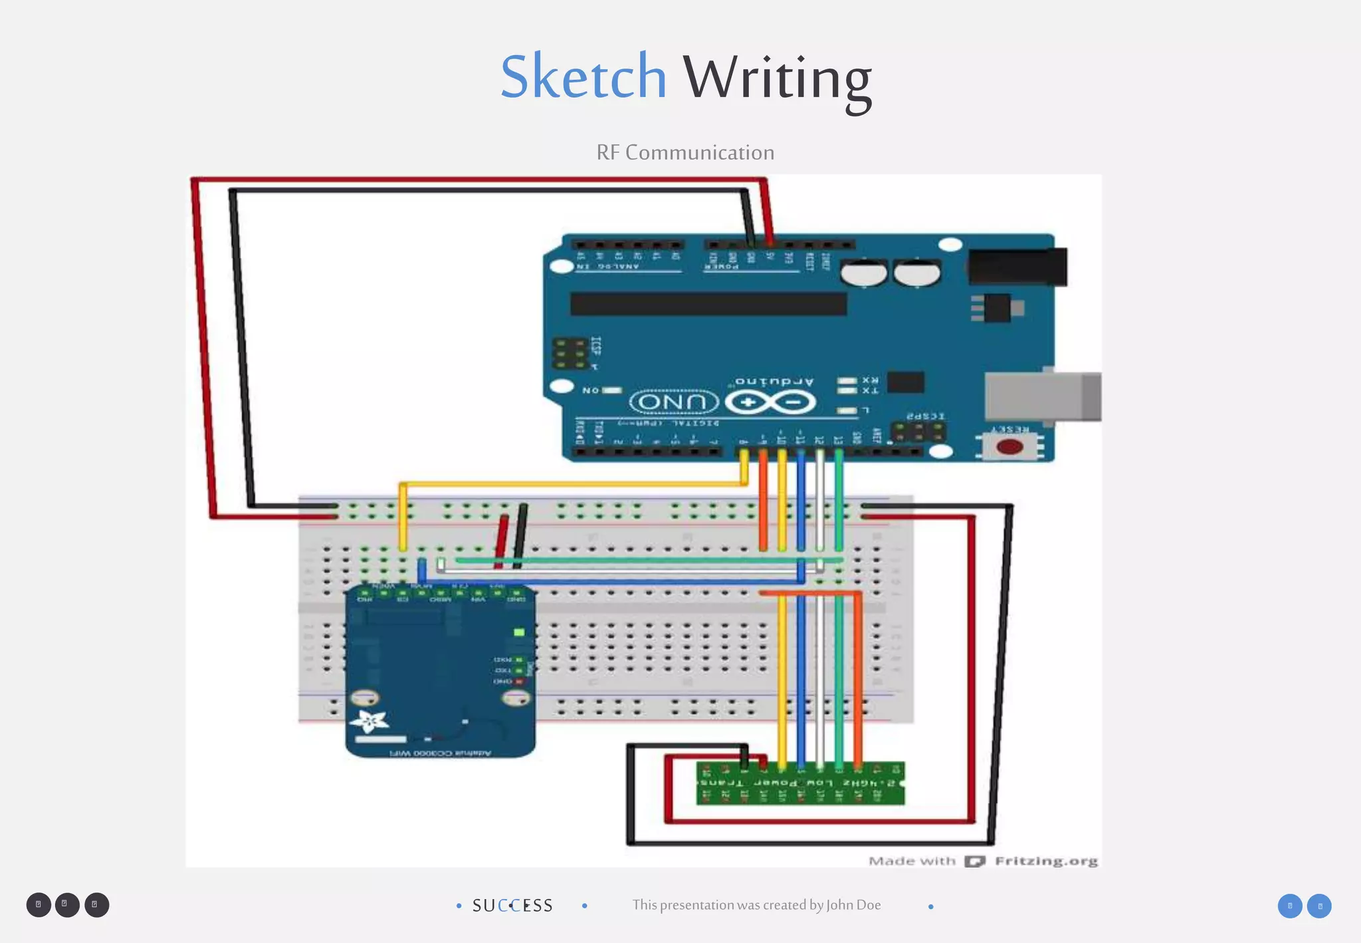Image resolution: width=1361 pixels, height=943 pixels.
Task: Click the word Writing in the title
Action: click(x=777, y=80)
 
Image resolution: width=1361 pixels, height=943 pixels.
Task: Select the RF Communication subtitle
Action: click(x=685, y=152)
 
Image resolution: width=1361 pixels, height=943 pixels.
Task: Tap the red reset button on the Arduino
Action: click(x=1009, y=446)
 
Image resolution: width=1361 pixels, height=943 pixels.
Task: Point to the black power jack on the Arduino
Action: click(x=1017, y=267)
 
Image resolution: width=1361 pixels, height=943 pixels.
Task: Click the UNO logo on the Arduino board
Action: click(x=674, y=402)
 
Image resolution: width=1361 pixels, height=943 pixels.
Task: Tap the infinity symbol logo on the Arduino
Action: click(x=770, y=402)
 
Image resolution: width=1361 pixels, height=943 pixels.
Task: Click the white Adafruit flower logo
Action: click(x=369, y=722)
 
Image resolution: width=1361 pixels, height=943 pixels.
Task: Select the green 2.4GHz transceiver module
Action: click(x=800, y=783)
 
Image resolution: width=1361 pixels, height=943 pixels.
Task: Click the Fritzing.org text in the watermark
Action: click(x=1046, y=861)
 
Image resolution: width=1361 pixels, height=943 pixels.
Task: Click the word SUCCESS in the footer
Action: click(x=512, y=906)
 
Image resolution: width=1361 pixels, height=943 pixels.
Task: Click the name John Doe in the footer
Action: click(x=853, y=905)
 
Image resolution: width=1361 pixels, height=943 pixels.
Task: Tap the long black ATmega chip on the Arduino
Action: click(x=708, y=304)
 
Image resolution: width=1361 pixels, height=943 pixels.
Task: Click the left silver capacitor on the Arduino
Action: click(x=863, y=273)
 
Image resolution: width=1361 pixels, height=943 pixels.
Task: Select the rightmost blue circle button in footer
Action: click(x=1319, y=906)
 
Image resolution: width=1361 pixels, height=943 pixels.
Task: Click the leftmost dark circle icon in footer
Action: click(x=39, y=905)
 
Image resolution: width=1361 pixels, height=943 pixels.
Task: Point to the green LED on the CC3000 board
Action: click(x=519, y=632)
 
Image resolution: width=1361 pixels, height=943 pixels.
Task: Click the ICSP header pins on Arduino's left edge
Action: click(x=570, y=354)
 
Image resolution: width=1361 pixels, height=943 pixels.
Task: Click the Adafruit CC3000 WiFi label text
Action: click(x=440, y=753)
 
